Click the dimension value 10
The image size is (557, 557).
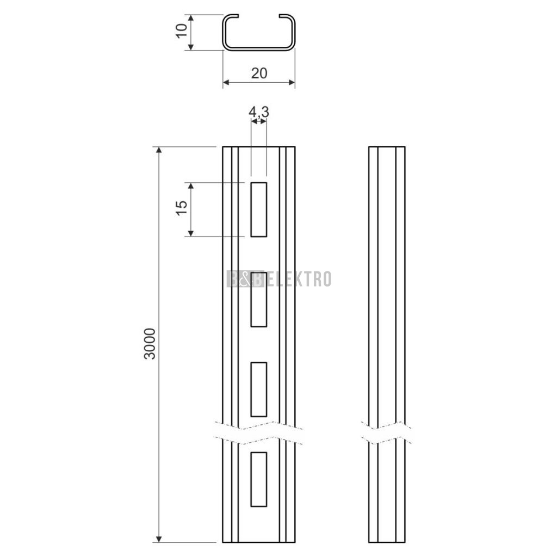[182, 31]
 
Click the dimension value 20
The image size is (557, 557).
[259, 73]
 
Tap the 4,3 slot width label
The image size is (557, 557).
[258, 112]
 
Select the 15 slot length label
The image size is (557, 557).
[182, 208]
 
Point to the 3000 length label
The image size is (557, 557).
[150, 344]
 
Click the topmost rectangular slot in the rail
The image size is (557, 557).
[258, 209]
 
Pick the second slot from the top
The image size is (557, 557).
[258, 300]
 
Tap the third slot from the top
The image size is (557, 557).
[258, 389]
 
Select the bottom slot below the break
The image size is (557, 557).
[258, 479]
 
